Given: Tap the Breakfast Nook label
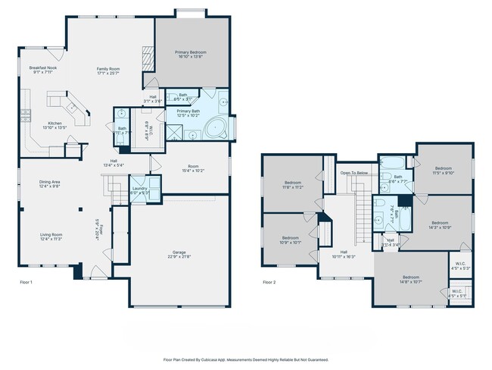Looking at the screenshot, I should [x=43, y=68].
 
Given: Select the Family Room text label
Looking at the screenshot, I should [x=108, y=69].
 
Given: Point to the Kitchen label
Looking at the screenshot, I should [x=54, y=123].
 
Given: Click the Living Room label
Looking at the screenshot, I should [x=50, y=235].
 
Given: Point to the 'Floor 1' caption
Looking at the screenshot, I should [x=26, y=282].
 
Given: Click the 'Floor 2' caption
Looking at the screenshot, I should [x=269, y=282].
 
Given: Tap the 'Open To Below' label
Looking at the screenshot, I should [x=354, y=173].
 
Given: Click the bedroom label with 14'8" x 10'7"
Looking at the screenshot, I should [x=411, y=277].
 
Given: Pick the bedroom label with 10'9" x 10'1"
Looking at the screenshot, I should [x=291, y=239].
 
